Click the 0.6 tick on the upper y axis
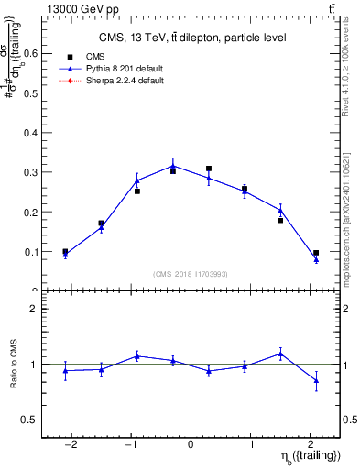tap(29, 53)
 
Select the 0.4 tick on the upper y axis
tap(29, 132)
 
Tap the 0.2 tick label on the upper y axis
tap(29, 212)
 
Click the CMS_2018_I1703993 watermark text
tap(191, 274)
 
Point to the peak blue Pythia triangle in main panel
tap(173, 166)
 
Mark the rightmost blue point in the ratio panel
tap(316, 380)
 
